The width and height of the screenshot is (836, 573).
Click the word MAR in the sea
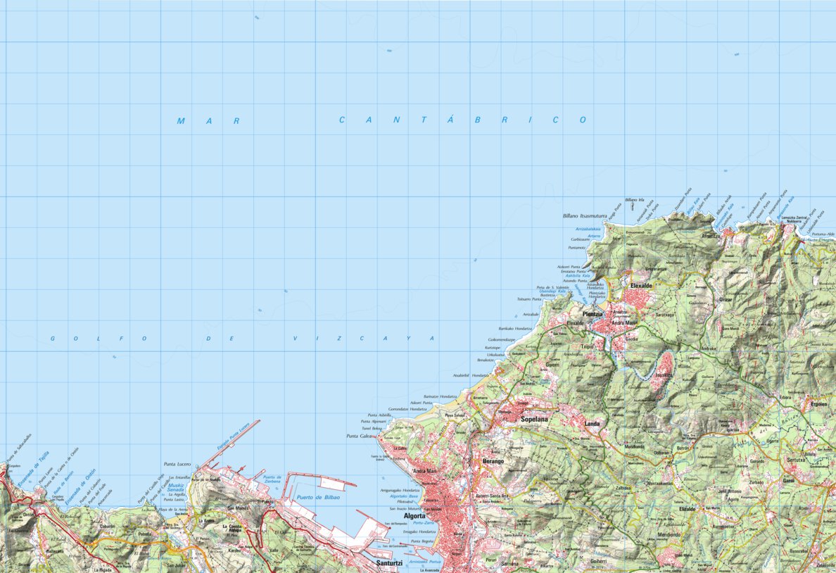208,121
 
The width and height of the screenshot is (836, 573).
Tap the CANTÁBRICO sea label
462,120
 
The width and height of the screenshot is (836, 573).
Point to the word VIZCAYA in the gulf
364,339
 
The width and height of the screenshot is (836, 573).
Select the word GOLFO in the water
99,339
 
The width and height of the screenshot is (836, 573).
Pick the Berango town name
493,460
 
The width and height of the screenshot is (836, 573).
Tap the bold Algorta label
414,515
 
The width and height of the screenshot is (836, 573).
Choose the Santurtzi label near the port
389,563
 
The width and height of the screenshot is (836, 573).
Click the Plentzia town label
593,314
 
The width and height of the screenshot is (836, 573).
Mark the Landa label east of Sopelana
592,424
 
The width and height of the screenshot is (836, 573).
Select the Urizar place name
726,300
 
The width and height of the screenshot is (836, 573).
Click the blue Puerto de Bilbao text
318,498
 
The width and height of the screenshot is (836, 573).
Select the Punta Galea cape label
359,436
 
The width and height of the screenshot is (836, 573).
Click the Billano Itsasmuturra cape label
584,216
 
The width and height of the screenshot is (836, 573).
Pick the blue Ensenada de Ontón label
80,487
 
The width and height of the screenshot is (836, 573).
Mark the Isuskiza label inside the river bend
664,376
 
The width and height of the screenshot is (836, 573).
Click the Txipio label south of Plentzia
587,346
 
